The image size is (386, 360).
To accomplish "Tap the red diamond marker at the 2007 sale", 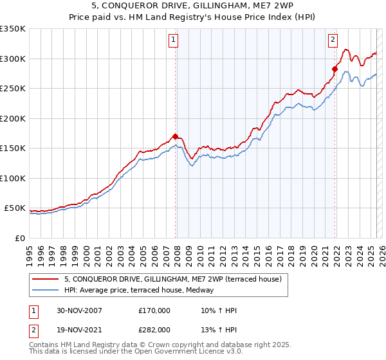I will click(x=176, y=136).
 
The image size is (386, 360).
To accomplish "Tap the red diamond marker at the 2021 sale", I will click(x=335, y=69).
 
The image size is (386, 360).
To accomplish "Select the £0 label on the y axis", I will click(x=19, y=239).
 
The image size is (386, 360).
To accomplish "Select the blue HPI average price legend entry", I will click(x=142, y=291).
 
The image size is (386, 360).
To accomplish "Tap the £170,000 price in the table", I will click(x=154, y=311).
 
